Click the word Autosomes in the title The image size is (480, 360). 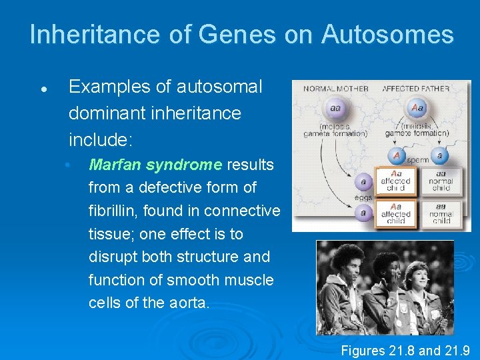[387, 35]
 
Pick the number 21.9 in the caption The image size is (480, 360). [457, 350]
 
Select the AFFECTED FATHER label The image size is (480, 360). [412, 89]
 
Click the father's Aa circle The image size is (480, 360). [418, 108]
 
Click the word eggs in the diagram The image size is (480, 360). [364, 197]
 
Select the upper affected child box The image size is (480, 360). [396, 181]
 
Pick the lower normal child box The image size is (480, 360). [441, 213]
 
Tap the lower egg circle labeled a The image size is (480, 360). [363, 213]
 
